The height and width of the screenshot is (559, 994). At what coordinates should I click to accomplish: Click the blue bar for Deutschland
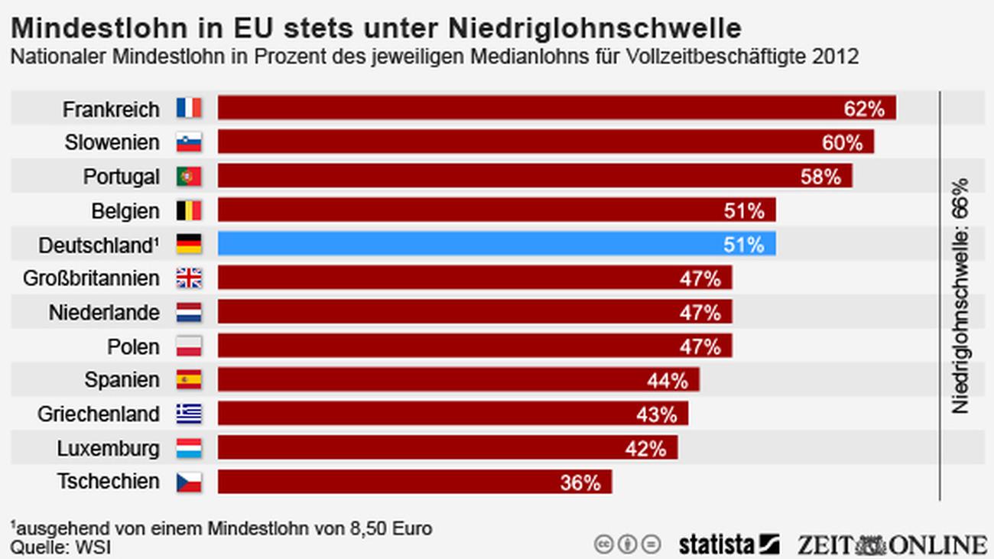[x=496, y=244]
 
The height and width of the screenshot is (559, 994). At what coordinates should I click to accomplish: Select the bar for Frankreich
[x=556, y=109]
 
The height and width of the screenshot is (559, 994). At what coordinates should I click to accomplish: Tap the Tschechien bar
[x=414, y=482]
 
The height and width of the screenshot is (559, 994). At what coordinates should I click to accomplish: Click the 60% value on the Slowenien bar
[x=842, y=143]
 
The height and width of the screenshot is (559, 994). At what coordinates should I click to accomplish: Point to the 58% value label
[x=820, y=177]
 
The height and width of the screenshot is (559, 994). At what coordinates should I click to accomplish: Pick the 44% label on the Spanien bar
[x=668, y=380]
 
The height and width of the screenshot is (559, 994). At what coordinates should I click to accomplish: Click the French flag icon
[x=189, y=109]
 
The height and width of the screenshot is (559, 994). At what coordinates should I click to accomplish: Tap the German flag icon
[x=189, y=244]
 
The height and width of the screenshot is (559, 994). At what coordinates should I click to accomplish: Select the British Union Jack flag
[x=189, y=278]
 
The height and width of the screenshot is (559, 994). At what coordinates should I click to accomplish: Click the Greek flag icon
[x=189, y=414]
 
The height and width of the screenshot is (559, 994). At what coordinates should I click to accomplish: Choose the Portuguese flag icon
[x=189, y=177]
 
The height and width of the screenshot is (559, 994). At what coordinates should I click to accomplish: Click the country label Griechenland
[x=99, y=414]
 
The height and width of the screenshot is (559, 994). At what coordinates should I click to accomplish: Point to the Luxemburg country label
[x=108, y=448]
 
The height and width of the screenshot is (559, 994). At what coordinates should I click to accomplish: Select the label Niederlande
[x=104, y=313]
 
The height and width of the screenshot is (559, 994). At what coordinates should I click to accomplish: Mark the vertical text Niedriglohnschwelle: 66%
[x=960, y=295]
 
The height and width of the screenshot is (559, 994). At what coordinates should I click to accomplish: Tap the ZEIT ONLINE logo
[x=891, y=544]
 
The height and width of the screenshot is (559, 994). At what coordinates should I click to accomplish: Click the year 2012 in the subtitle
[x=838, y=57]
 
